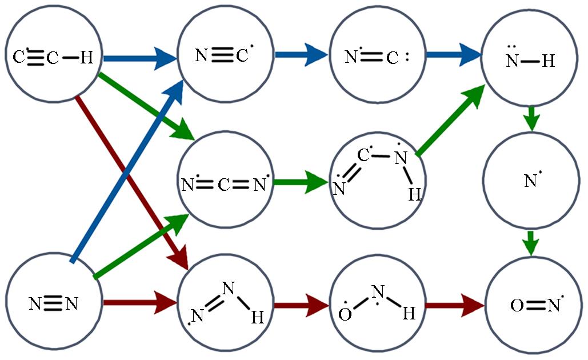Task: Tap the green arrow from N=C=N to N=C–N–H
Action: point(299,184)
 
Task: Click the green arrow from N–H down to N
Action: point(531,118)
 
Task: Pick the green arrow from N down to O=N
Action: point(531,243)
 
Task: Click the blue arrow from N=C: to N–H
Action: point(454,56)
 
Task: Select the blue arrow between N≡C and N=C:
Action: point(301,56)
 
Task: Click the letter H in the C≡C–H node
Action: point(86,58)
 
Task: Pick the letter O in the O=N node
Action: point(517,306)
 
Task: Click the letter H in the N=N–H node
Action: point(257,318)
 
